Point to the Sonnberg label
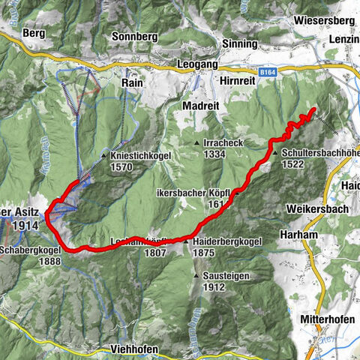coord(133,35)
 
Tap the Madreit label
coord(200,106)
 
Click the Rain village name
coord(133,85)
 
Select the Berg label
coord(34,34)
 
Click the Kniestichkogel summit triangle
coord(104,156)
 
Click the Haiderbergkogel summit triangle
coord(186,241)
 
